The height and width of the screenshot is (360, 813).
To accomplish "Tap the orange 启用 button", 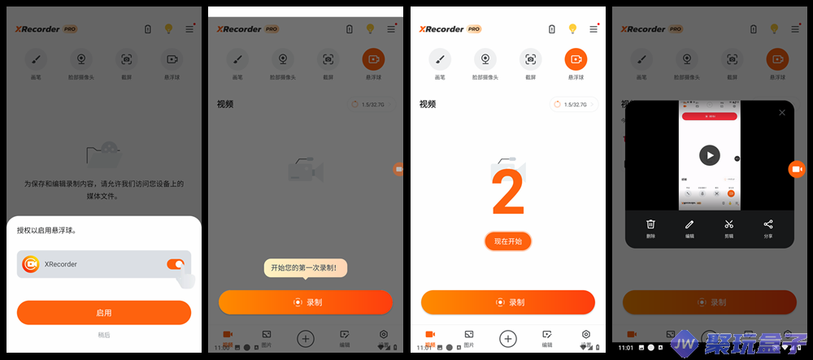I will [104, 313].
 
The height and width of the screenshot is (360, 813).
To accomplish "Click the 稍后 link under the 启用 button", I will [104, 335].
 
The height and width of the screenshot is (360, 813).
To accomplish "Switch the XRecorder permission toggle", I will [176, 264].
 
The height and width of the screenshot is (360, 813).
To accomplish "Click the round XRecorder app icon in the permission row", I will [31, 264].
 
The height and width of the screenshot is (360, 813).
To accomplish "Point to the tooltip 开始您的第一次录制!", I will [305, 267].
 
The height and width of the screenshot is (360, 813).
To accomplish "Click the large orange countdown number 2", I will [508, 195].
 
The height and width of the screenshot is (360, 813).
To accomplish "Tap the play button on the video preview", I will [710, 155].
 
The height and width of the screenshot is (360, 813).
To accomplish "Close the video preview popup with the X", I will [782, 113].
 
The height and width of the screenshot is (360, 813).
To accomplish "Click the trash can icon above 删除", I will [650, 224].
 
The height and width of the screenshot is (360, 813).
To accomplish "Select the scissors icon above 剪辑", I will [729, 224].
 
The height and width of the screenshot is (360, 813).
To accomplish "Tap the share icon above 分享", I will [768, 224].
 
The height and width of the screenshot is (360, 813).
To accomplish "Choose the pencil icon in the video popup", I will [689, 224].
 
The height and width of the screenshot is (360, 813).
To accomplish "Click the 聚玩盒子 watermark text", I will [756, 345].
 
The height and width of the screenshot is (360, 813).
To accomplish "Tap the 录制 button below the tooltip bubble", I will [306, 302].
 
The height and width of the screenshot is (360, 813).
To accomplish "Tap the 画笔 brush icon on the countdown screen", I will [440, 59].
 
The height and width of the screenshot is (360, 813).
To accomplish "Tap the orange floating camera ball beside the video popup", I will [796, 168].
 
